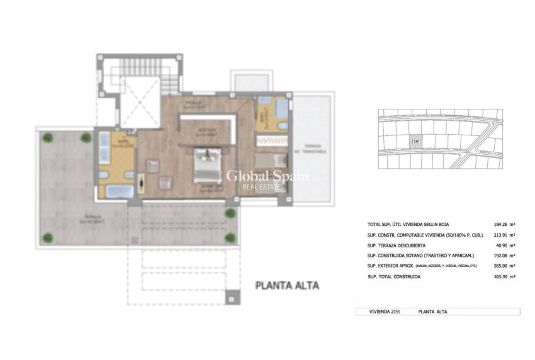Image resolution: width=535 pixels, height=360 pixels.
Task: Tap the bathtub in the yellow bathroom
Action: [118, 191]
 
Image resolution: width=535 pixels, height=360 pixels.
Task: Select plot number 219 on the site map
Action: [415, 142]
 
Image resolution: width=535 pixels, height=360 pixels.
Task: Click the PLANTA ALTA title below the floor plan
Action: [286, 285]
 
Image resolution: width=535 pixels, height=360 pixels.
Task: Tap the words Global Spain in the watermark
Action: [267, 176]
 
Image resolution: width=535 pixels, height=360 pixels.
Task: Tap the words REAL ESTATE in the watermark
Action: [267, 186]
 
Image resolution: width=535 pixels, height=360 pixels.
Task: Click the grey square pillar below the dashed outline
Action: [232, 296]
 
